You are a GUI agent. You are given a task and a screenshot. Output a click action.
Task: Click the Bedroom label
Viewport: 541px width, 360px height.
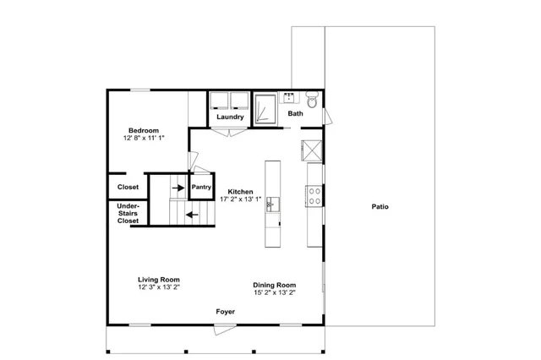[144, 130]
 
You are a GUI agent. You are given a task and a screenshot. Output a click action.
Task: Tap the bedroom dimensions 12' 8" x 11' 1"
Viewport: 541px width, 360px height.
[144, 138]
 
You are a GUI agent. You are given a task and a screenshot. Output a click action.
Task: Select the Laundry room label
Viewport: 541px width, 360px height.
[230, 117]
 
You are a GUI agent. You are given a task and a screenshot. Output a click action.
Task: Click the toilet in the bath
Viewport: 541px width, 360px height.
[312, 100]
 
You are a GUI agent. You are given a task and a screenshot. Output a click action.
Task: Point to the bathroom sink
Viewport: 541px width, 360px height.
[289, 98]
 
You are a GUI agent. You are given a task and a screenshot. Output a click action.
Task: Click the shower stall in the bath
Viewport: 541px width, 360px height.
[265, 109]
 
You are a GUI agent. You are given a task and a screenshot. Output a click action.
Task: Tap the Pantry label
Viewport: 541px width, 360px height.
[201, 187]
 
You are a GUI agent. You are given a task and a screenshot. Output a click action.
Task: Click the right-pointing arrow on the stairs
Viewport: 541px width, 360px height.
[178, 188]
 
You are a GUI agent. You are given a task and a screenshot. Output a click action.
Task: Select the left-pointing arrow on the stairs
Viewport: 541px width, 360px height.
[192, 215]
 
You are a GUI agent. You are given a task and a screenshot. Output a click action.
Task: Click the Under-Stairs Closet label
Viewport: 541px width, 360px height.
[128, 214]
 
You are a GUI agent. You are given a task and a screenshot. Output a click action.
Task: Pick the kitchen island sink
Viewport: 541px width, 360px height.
[272, 205]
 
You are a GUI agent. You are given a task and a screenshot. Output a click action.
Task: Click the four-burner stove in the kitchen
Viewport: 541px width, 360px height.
[314, 196]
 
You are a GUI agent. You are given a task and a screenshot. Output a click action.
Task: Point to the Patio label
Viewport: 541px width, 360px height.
[380, 206]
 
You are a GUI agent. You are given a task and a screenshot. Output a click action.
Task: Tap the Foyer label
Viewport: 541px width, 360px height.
[226, 312]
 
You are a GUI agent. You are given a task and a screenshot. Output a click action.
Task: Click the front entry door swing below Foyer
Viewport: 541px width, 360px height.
[225, 329]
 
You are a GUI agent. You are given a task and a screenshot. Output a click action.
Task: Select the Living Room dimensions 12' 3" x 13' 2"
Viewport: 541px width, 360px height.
[159, 287]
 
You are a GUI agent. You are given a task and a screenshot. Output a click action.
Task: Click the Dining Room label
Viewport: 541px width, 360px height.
[274, 285]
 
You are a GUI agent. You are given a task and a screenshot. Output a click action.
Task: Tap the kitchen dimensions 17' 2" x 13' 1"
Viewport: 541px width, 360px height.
[240, 199]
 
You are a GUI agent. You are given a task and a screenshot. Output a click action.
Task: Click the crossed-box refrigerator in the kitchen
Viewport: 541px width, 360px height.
[312, 150]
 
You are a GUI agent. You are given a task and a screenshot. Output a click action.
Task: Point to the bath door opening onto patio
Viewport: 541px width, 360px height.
[327, 117]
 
